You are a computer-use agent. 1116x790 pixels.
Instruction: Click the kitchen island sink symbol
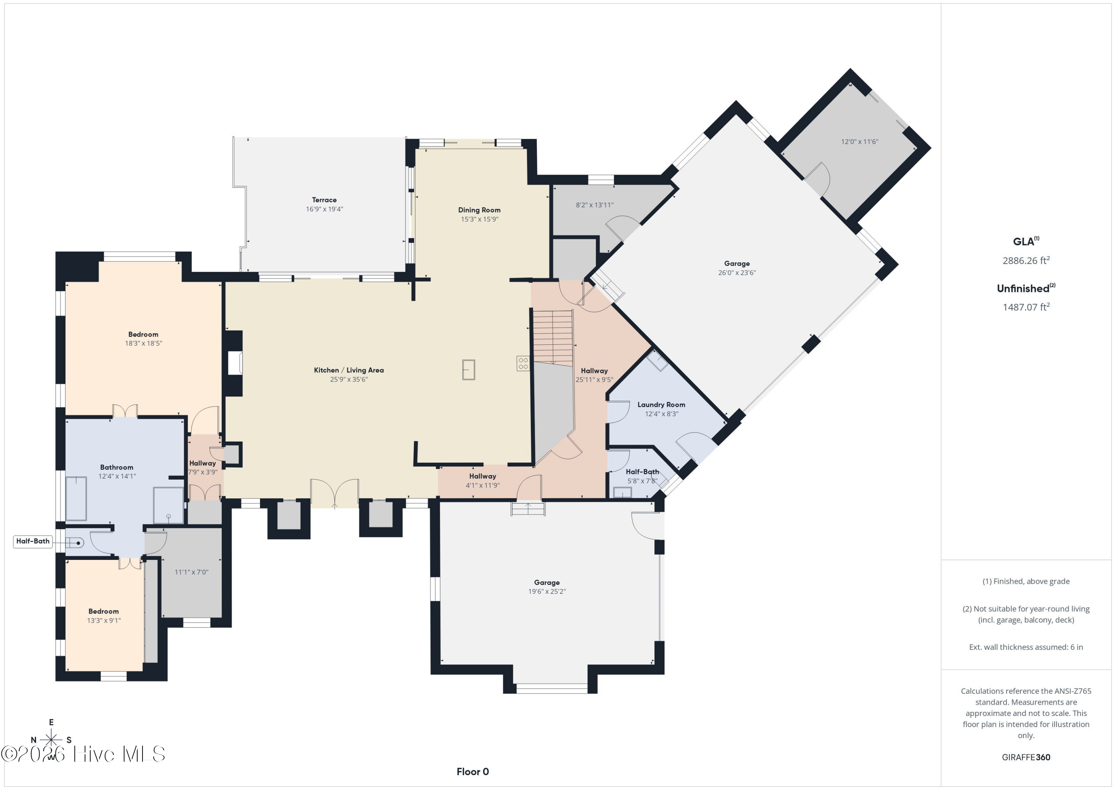(x=469, y=370)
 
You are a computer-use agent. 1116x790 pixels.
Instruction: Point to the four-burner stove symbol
(x=523, y=363)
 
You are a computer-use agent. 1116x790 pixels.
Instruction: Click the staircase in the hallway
(x=553, y=338)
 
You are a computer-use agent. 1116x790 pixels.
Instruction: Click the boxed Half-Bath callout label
(x=33, y=541)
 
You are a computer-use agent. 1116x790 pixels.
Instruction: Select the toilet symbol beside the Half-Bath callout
(x=74, y=543)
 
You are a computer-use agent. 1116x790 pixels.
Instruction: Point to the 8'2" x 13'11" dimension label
(x=594, y=205)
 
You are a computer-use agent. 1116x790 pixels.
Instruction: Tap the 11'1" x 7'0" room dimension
(x=192, y=572)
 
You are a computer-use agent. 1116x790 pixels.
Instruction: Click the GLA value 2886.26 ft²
(x=1026, y=260)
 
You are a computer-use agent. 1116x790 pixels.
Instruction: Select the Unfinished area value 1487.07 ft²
(x=1026, y=307)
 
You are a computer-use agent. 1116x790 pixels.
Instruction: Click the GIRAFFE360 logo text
(x=1026, y=757)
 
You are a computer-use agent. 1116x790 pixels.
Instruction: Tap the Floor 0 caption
(x=473, y=771)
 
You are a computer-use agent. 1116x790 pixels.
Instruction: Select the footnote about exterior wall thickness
(x=1026, y=647)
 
